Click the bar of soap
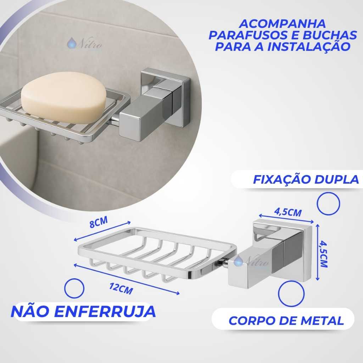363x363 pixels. coord(64,97)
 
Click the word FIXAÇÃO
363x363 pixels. coord(281,179)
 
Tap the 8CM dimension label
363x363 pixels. coord(99,222)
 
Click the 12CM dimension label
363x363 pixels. coord(121,289)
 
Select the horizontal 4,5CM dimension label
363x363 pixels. coord(288,212)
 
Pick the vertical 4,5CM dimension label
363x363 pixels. coord(323,254)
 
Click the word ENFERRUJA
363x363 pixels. coord(106,311)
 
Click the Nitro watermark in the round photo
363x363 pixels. coord(84,44)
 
